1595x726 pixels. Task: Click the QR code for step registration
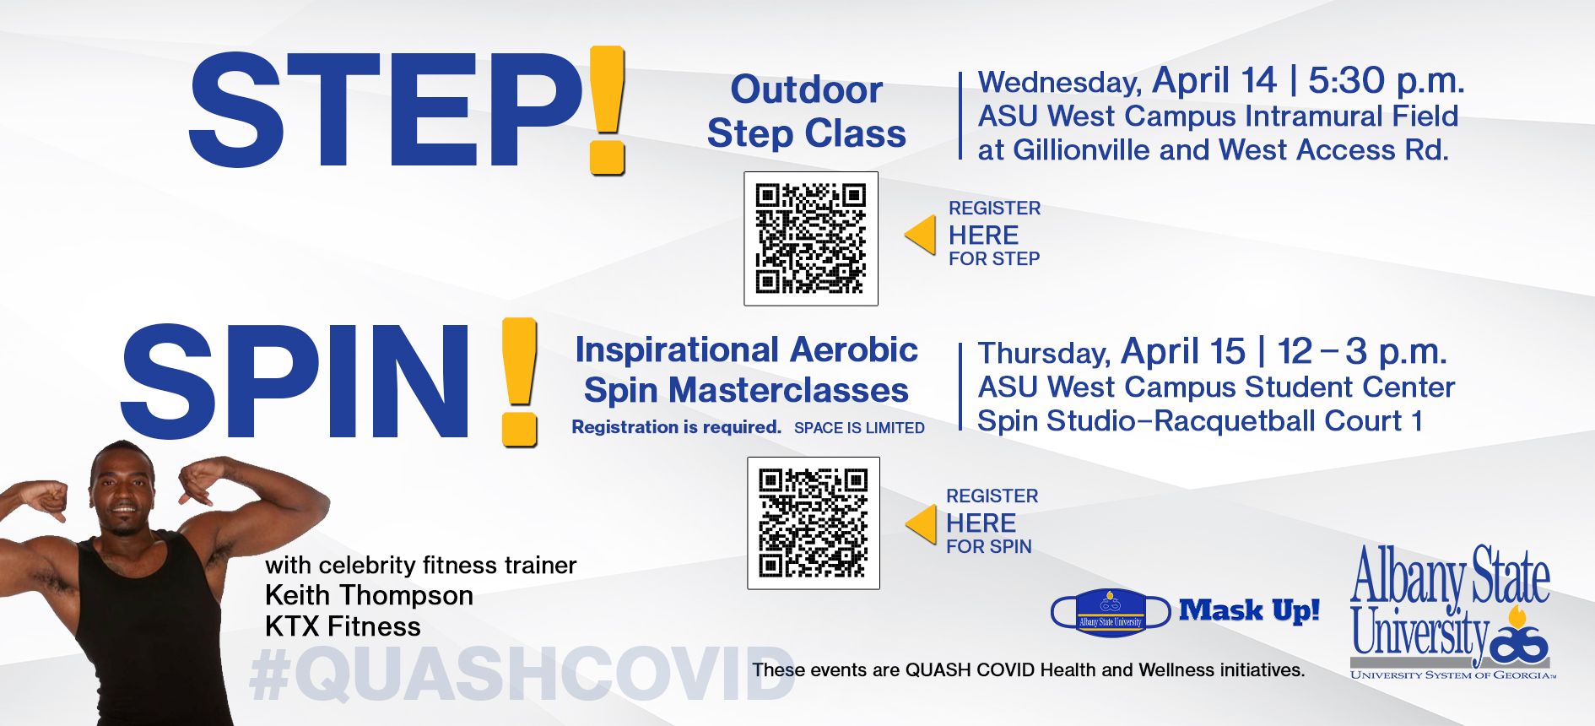pos(811,239)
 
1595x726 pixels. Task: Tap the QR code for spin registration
pos(814,523)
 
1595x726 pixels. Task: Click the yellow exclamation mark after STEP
pos(608,111)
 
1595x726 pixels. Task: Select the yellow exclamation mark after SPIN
pos(520,382)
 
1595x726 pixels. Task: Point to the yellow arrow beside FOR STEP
pos(921,235)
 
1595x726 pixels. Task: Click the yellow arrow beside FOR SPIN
pos(922,524)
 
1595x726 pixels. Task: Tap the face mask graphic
pos(1111,612)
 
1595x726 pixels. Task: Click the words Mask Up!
pos(1249,610)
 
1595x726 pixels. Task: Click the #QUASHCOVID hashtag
pos(522,675)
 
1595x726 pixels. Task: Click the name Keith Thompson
pos(369,595)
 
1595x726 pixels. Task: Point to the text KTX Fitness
pos(343,626)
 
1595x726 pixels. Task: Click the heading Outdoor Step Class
pos(807,111)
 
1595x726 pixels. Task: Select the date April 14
pos(1214,81)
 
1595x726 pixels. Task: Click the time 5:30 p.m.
pos(1387,81)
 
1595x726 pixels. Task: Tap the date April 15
pos(1183,352)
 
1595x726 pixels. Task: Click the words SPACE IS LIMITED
pos(859,428)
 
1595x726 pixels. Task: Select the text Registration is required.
pos(677,427)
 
